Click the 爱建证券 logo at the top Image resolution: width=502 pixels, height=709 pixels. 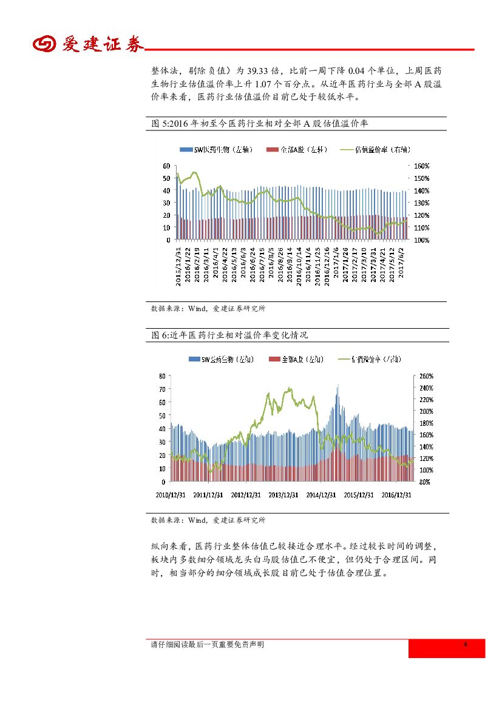pos(88,44)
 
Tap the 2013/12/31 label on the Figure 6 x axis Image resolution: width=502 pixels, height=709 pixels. pos(283,494)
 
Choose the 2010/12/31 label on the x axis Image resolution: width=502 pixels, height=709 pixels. pos(171,494)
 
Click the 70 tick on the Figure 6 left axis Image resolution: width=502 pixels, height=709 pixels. pos(163,402)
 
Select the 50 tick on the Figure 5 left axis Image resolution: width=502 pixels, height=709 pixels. pos(166,178)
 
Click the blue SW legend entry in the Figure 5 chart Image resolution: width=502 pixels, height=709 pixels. pos(209,149)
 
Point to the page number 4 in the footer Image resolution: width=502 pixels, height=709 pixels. pos(465,645)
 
